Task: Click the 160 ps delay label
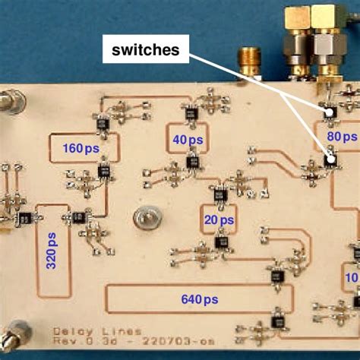[81, 147]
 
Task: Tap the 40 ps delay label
[188, 141]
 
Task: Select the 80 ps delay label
[341, 137]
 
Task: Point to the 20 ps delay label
[219, 219]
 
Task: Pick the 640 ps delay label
[201, 299]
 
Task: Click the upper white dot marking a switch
[330, 113]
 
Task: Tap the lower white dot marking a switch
[330, 159]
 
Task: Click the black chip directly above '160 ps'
[101, 122]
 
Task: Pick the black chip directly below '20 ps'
[222, 242]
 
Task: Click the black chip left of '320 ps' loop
[25, 219]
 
